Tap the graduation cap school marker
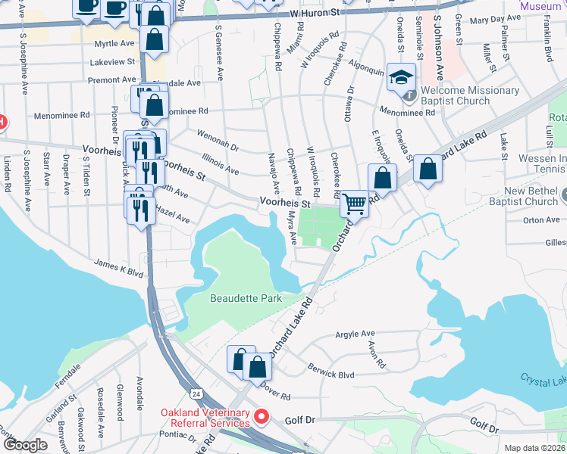click(x=401, y=77)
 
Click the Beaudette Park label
click(x=246, y=298)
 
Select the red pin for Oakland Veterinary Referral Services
click(x=262, y=416)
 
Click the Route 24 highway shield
click(x=196, y=394)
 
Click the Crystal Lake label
click(x=543, y=378)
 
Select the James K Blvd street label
click(x=118, y=268)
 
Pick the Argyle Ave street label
click(x=356, y=334)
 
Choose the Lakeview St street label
click(x=111, y=61)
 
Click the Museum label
click(x=540, y=5)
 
